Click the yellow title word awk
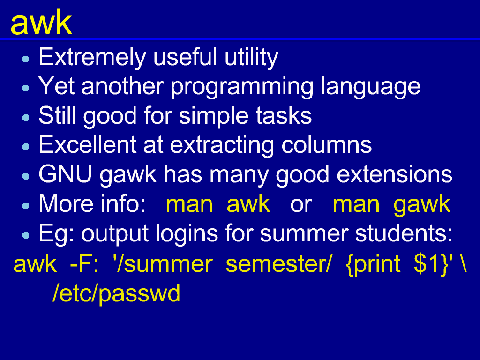(x=41, y=22)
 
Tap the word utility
(x=251, y=58)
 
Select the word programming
(x=242, y=87)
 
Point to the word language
(x=371, y=87)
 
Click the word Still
(x=57, y=115)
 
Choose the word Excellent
(x=87, y=145)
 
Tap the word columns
(x=326, y=145)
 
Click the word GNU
(x=65, y=174)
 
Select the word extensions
(x=394, y=174)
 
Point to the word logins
(x=187, y=234)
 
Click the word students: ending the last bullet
(x=404, y=233)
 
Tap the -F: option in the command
(x=84, y=264)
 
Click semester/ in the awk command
(x=278, y=264)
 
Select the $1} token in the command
(x=431, y=264)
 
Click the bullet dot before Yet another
(x=26, y=88)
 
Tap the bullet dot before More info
(x=26, y=206)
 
